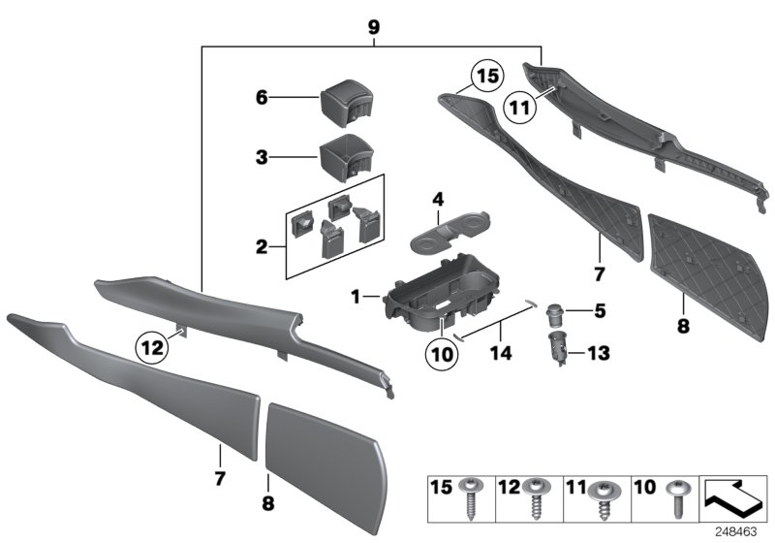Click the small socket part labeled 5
556,313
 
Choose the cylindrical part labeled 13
558,346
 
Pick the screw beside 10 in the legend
676,500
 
